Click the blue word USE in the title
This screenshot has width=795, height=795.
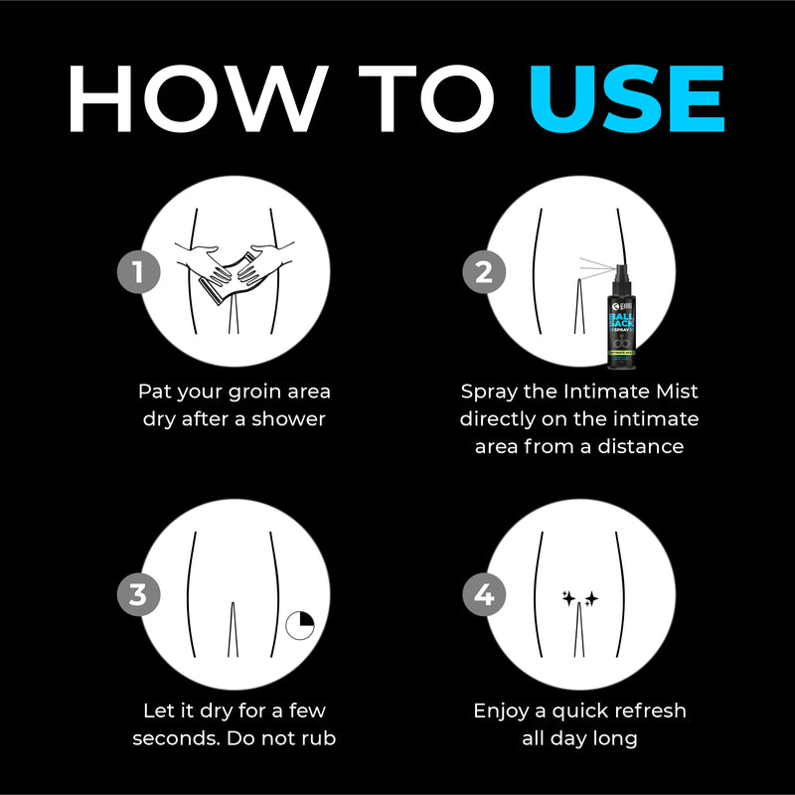(x=626, y=99)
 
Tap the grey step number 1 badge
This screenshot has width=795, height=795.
(x=137, y=271)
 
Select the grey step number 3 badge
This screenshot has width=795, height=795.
(x=137, y=595)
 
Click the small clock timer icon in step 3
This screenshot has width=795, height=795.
(x=300, y=625)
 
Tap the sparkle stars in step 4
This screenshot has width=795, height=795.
(x=579, y=598)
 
